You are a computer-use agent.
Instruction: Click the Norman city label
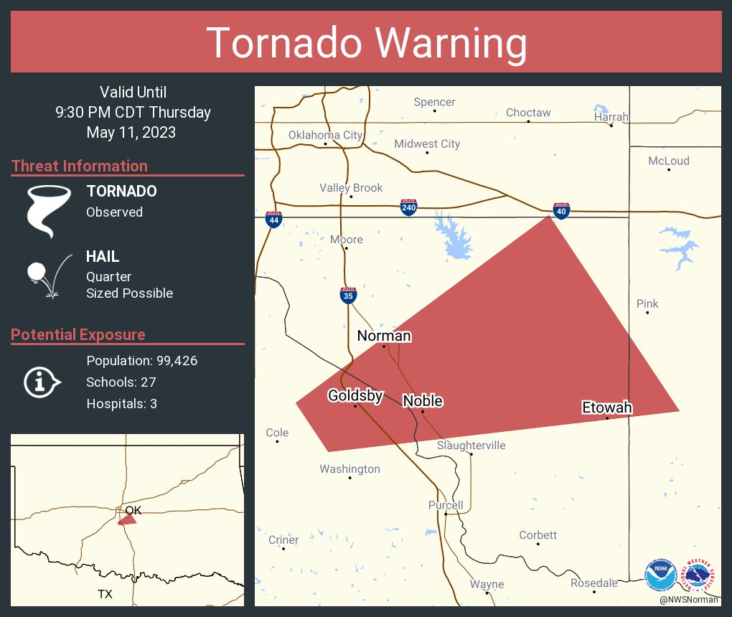point(384,336)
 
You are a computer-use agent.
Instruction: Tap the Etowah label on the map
point(606,408)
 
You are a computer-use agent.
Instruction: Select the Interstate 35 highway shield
point(348,295)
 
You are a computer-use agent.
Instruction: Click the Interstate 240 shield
point(408,208)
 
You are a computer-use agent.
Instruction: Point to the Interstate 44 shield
point(273,219)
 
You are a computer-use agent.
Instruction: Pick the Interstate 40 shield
point(561,209)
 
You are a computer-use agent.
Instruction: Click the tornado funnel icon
point(49,210)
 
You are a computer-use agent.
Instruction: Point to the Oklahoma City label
point(325,135)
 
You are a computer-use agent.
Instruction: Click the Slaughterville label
point(471,446)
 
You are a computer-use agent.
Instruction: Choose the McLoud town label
point(668,161)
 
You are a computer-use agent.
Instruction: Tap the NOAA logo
point(660,575)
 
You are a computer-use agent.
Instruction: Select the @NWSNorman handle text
point(690,600)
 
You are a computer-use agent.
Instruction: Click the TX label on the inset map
point(105,594)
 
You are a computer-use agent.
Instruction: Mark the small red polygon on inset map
point(127,519)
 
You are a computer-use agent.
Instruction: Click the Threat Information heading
point(80,166)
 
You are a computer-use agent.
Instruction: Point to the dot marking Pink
point(647,313)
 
